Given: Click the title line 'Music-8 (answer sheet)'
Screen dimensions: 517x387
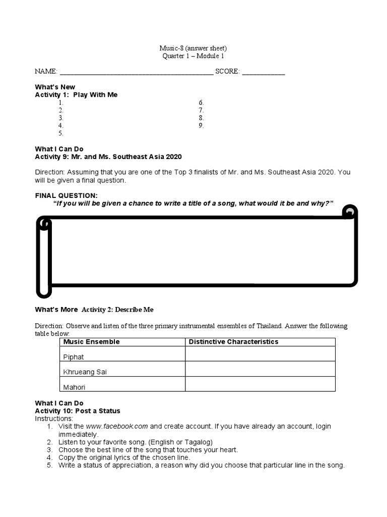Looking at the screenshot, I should (x=193, y=48).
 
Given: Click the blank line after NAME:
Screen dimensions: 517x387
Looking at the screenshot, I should (x=136, y=72).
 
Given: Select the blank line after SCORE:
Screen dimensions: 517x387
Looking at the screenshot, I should (x=263, y=72).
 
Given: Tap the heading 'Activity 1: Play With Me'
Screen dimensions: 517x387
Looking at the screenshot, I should (x=76, y=94).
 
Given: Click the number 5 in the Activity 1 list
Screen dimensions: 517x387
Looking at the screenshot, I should (x=60, y=133).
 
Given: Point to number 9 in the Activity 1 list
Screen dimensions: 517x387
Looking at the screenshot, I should (x=201, y=125).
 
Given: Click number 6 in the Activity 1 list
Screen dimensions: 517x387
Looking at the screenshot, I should (x=201, y=102).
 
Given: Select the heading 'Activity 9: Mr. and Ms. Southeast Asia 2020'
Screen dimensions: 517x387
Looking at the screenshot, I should (x=108, y=157).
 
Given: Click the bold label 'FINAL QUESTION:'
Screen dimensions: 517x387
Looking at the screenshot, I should (x=66, y=195).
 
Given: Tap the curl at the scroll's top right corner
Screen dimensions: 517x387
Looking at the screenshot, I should (x=349, y=212).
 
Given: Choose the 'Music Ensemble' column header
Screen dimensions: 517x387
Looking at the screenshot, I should (x=91, y=342).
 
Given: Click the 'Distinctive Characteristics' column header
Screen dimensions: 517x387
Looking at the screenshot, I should (x=233, y=342).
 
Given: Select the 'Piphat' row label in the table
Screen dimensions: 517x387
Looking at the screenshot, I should (x=74, y=357).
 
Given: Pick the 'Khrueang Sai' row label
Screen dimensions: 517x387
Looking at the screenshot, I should (x=85, y=372).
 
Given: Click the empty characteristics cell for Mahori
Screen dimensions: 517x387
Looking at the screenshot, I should (x=260, y=384).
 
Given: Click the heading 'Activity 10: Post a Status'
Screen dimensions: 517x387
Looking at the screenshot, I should (x=78, y=411).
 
